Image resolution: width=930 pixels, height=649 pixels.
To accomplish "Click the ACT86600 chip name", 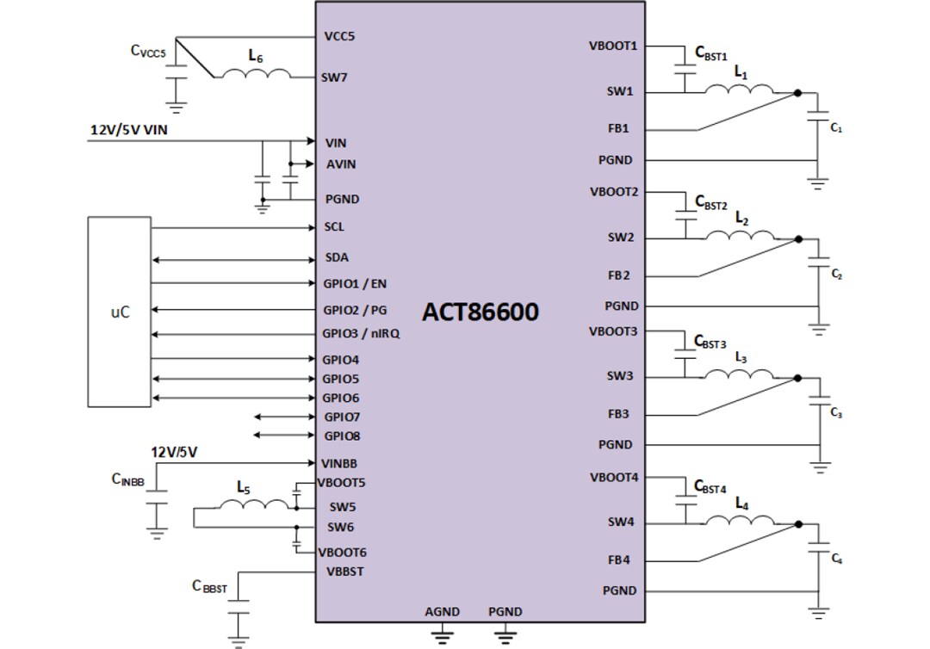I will [480, 312].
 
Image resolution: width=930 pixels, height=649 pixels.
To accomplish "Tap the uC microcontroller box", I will [120, 312].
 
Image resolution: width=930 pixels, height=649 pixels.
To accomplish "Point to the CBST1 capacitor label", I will [711, 53].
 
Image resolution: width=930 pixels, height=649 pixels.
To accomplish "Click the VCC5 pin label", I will [339, 37].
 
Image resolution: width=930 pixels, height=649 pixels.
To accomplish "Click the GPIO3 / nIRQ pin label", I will [361, 334].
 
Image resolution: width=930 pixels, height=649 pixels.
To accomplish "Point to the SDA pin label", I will [337, 257].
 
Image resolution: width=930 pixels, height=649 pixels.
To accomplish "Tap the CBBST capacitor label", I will [209, 587].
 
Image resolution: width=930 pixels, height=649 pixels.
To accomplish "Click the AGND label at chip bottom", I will [442, 612].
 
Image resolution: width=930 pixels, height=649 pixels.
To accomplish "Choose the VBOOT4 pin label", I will [613, 477].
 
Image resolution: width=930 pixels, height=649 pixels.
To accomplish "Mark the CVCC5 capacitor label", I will [148, 51].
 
